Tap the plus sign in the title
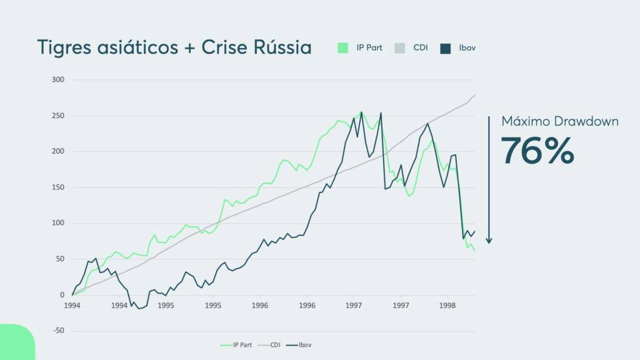(186, 48)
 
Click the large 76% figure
(537, 150)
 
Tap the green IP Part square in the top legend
(342, 47)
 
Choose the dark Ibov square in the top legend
(446, 47)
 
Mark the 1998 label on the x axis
(447, 306)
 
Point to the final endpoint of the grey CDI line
(475, 95)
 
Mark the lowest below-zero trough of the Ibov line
(140, 308)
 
